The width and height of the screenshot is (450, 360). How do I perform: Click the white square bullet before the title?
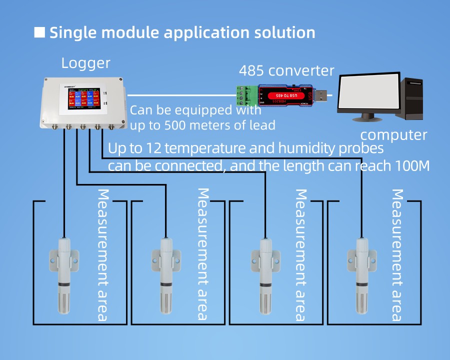(x=39, y=32)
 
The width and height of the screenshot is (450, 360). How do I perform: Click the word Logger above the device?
(x=85, y=63)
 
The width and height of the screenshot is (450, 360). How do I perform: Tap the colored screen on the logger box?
(x=80, y=98)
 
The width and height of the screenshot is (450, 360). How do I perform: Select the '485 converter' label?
(x=286, y=70)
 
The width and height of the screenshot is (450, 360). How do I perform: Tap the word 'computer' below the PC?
(x=393, y=134)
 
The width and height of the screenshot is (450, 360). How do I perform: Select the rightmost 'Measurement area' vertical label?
(x=397, y=255)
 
